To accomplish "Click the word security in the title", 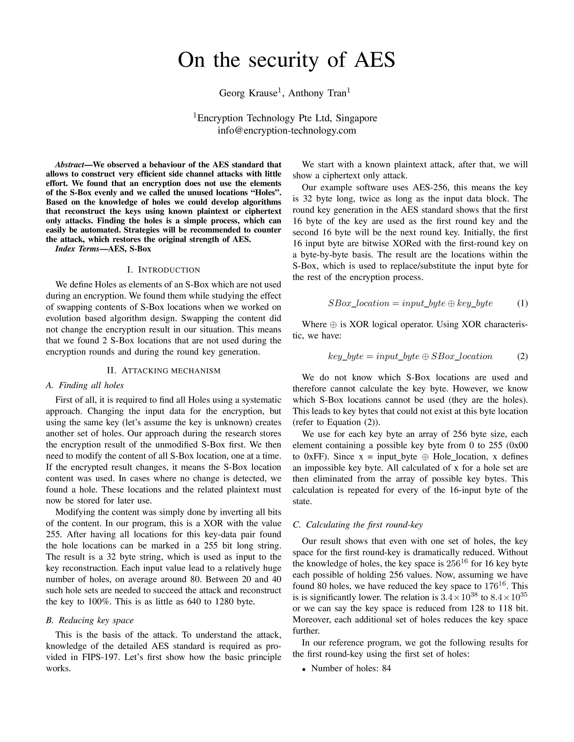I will click(x=284, y=60).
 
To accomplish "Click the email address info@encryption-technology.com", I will click(x=287, y=130).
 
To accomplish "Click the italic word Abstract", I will click(x=69, y=165).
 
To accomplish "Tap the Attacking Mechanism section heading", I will click(x=164, y=370).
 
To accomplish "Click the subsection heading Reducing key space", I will click(x=90, y=620).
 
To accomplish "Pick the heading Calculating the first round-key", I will click(x=358, y=525).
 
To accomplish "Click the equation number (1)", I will click(x=522, y=303).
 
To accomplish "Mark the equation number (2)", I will click(x=522, y=356).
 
